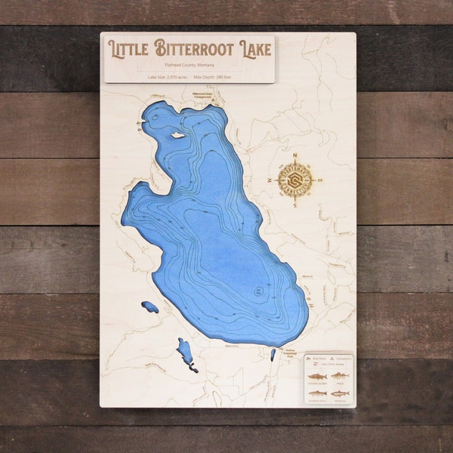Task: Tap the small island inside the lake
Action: [x=177, y=136]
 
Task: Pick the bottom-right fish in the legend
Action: [x=340, y=393]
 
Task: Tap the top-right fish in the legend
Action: [x=340, y=376]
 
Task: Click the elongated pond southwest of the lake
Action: [x=184, y=353]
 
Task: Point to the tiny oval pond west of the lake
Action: [x=150, y=307]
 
